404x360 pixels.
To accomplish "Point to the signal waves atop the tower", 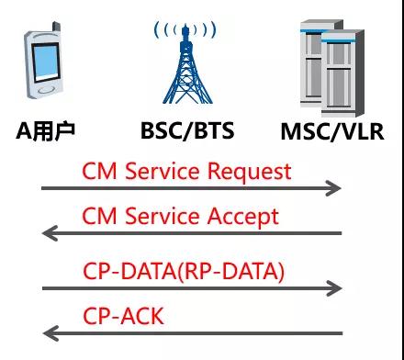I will coord(186,29).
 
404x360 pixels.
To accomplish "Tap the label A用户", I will coord(45,130).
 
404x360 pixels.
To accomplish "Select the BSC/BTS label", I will coord(187,130).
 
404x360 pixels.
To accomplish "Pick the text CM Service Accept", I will coord(180,216).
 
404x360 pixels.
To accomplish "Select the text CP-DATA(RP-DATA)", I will coord(184,271).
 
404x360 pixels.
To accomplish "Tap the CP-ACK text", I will coord(124,317).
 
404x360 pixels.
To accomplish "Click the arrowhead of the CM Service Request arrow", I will coord(335,188).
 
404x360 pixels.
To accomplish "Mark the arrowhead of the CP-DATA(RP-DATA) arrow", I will coord(335,288).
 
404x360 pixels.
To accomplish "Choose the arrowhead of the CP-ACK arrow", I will coord(49,333).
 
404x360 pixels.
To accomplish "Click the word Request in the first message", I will coord(248,172).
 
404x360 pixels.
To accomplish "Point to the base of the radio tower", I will coord(186,99).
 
